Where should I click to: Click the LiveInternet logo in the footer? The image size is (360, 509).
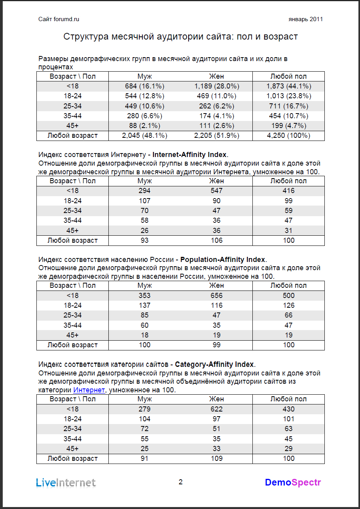click(x=66, y=482)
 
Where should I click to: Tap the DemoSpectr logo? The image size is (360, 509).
click(x=293, y=482)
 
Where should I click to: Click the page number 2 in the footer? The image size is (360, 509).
click(x=180, y=482)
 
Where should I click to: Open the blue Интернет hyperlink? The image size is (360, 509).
click(x=89, y=390)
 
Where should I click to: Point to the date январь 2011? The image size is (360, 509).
click(x=306, y=19)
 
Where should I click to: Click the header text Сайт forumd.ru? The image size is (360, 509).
click(x=59, y=19)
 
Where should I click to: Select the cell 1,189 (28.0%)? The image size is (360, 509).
click(x=216, y=86)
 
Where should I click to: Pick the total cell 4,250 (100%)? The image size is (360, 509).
click(x=288, y=135)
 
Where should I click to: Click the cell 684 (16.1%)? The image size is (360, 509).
click(x=145, y=86)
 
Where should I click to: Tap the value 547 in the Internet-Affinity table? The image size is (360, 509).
click(x=216, y=191)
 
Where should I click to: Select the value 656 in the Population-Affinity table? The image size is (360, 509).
click(x=216, y=296)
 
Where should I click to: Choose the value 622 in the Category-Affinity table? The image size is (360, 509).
click(x=216, y=409)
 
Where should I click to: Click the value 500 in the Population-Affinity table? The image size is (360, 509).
click(x=289, y=296)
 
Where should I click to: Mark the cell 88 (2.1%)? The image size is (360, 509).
click(x=145, y=126)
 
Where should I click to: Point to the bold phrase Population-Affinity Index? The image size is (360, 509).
click(x=223, y=259)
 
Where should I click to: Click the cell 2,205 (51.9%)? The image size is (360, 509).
click(x=216, y=135)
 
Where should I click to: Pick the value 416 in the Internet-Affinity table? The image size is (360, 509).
click(x=289, y=191)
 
